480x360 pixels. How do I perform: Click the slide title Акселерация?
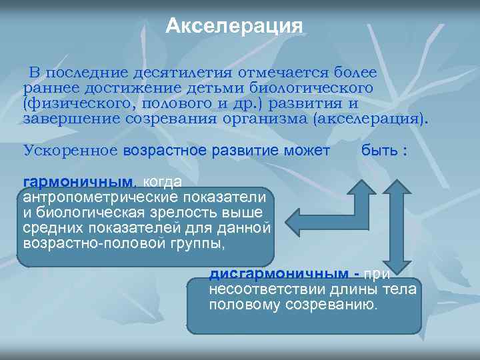tap(234, 26)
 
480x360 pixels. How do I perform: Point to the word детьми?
tap(223, 88)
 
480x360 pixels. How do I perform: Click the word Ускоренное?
tap(71, 151)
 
